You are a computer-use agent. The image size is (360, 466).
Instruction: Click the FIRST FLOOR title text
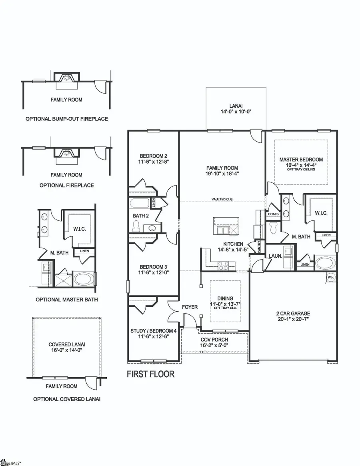[150, 374]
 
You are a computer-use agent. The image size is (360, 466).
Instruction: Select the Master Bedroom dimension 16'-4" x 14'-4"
[301, 164]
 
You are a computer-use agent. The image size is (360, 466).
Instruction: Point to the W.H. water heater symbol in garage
[331, 277]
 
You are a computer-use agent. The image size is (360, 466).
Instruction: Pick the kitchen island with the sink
[226, 226]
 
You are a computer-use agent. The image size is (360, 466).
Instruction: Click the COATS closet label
[273, 214]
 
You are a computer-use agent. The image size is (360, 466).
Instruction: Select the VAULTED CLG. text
[222, 199]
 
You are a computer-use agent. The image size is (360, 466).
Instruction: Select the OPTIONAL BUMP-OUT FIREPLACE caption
[67, 119]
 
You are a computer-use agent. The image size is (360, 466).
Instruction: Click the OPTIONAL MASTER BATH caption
[66, 299]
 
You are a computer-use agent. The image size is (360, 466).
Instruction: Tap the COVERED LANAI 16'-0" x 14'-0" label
[67, 347]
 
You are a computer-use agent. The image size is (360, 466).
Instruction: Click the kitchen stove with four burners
[223, 264]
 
